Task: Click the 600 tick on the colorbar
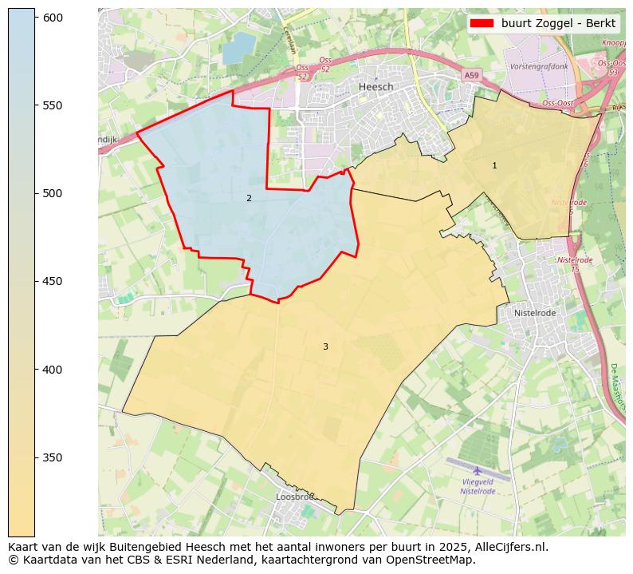(53, 18)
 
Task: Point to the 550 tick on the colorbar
(53, 105)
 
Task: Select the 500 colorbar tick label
(53, 193)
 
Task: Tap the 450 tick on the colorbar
(53, 281)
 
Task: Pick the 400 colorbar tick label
(53, 370)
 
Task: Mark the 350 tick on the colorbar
(53, 457)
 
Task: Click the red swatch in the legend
(483, 23)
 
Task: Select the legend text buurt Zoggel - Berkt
(558, 23)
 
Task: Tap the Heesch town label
(375, 86)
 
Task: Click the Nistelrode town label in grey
(534, 313)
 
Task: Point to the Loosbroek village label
(295, 497)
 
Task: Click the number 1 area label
(494, 165)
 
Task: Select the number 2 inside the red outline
(249, 198)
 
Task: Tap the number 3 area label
(325, 346)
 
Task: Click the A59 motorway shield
(472, 75)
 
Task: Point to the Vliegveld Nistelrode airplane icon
(478, 470)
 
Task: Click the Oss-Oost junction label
(558, 103)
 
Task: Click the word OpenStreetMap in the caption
(437, 560)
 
